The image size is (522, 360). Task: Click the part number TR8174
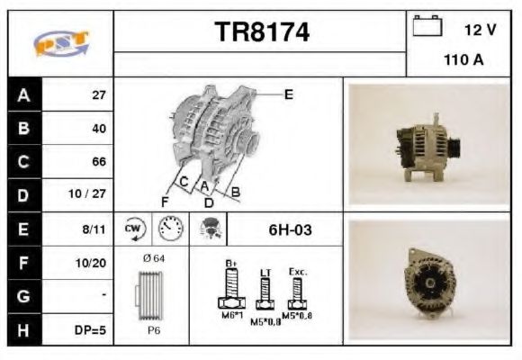pyautogui.click(x=262, y=33)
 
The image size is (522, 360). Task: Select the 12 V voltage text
pyautogui.click(x=480, y=30)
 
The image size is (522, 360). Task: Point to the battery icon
pyautogui.click(x=427, y=28)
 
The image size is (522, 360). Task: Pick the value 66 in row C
pyautogui.click(x=99, y=162)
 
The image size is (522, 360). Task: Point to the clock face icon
pyautogui.click(x=168, y=229)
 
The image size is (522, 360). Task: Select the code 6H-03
pyautogui.click(x=290, y=230)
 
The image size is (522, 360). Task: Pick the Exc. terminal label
pyautogui.click(x=298, y=270)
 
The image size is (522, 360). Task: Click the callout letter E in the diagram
pyautogui.click(x=288, y=93)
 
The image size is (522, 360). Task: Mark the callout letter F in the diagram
pyautogui.click(x=165, y=201)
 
